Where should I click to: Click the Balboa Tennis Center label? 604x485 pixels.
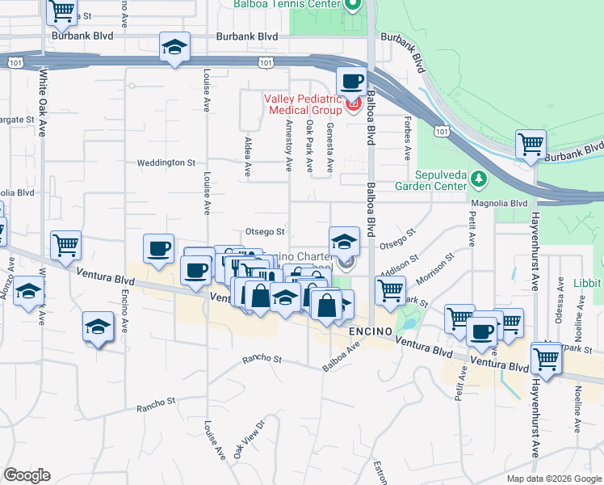coord(286,4)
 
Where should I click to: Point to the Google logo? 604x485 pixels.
coord(27,475)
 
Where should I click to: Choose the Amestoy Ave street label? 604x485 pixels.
coord(288,145)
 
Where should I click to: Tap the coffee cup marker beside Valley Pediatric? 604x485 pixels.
coord(351,82)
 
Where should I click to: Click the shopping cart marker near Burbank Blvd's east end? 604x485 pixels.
coord(531,145)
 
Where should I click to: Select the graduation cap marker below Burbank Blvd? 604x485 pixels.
coord(174,48)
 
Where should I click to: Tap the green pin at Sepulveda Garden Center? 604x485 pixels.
coord(479,177)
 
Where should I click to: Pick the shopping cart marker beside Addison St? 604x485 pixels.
coord(391,289)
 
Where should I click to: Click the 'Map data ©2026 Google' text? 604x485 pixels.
coord(553,479)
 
